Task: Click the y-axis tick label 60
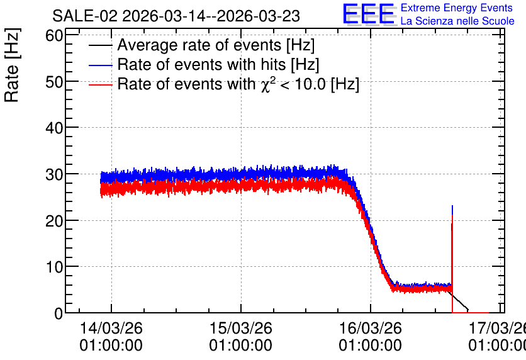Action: click(54, 35)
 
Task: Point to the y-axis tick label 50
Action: click(54, 82)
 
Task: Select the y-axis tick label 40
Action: click(54, 128)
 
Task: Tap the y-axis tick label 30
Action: click(54, 174)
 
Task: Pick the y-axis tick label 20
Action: click(54, 220)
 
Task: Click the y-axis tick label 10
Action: click(54, 267)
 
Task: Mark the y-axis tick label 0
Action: click(59, 313)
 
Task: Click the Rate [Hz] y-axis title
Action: click(12, 65)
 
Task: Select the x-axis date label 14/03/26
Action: click(111, 328)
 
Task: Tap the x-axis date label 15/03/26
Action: click(241, 328)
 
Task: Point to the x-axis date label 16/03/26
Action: click(371, 328)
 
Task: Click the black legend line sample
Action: click(101, 45)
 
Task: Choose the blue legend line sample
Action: click(101, 65)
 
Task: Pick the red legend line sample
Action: click(101, 85)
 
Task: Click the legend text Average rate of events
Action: click(199, 45)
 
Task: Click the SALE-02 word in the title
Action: click(85, 16)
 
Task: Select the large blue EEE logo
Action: click(369, 14)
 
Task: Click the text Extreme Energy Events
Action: click(457, 8)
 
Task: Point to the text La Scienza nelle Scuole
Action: click(457, 21)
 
